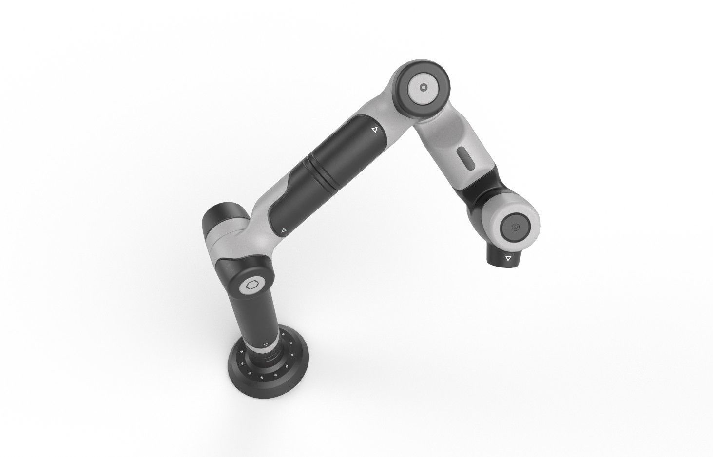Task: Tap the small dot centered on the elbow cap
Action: click(424, 88)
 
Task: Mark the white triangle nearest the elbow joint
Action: click(374, 130)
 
